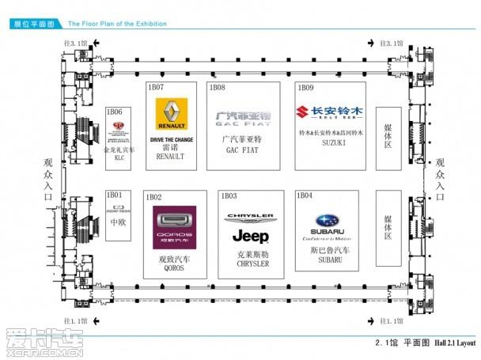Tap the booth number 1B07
154,86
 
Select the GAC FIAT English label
243,149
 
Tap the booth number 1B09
305,86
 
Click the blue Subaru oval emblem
327,221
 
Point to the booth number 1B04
304,195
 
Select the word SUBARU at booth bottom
327,260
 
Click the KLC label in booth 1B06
119,157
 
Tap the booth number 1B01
115,195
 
